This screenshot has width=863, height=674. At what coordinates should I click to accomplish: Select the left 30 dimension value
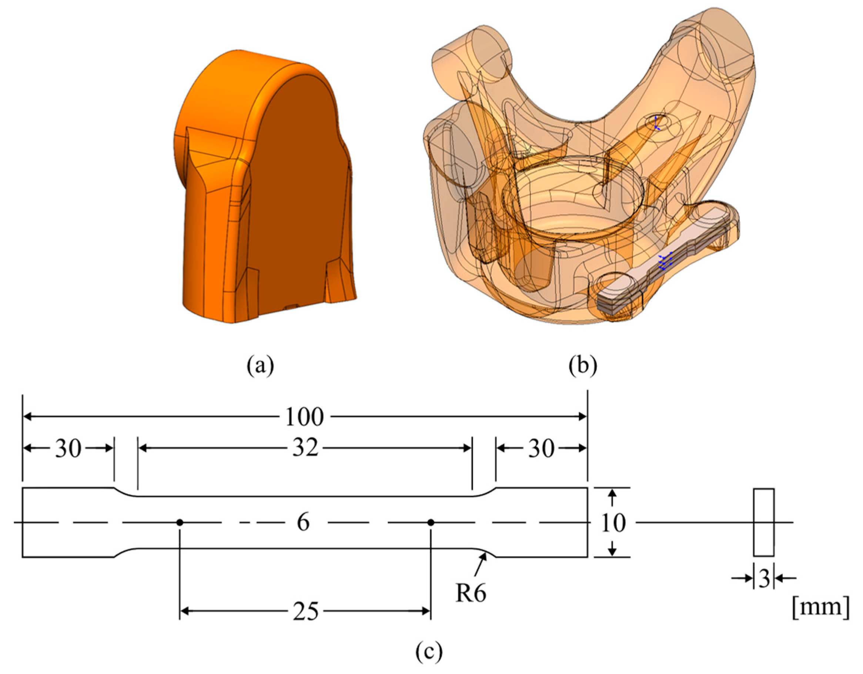click(x=68, y=449)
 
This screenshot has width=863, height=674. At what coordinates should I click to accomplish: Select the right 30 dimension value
click(x=541, y=449)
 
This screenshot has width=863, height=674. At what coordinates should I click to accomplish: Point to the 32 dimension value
click(x=305, y=449)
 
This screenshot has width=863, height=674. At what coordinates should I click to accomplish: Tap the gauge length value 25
click(x=305, y=612)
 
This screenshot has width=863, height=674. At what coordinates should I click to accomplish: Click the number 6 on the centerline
click(x=303, y=523)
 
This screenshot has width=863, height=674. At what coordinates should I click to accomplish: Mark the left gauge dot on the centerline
click(x=180, y=523)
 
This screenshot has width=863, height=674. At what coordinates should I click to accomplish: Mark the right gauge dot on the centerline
click(x=431, y=523)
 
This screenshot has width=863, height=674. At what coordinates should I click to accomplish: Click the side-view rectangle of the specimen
click(x=763, y=523)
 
